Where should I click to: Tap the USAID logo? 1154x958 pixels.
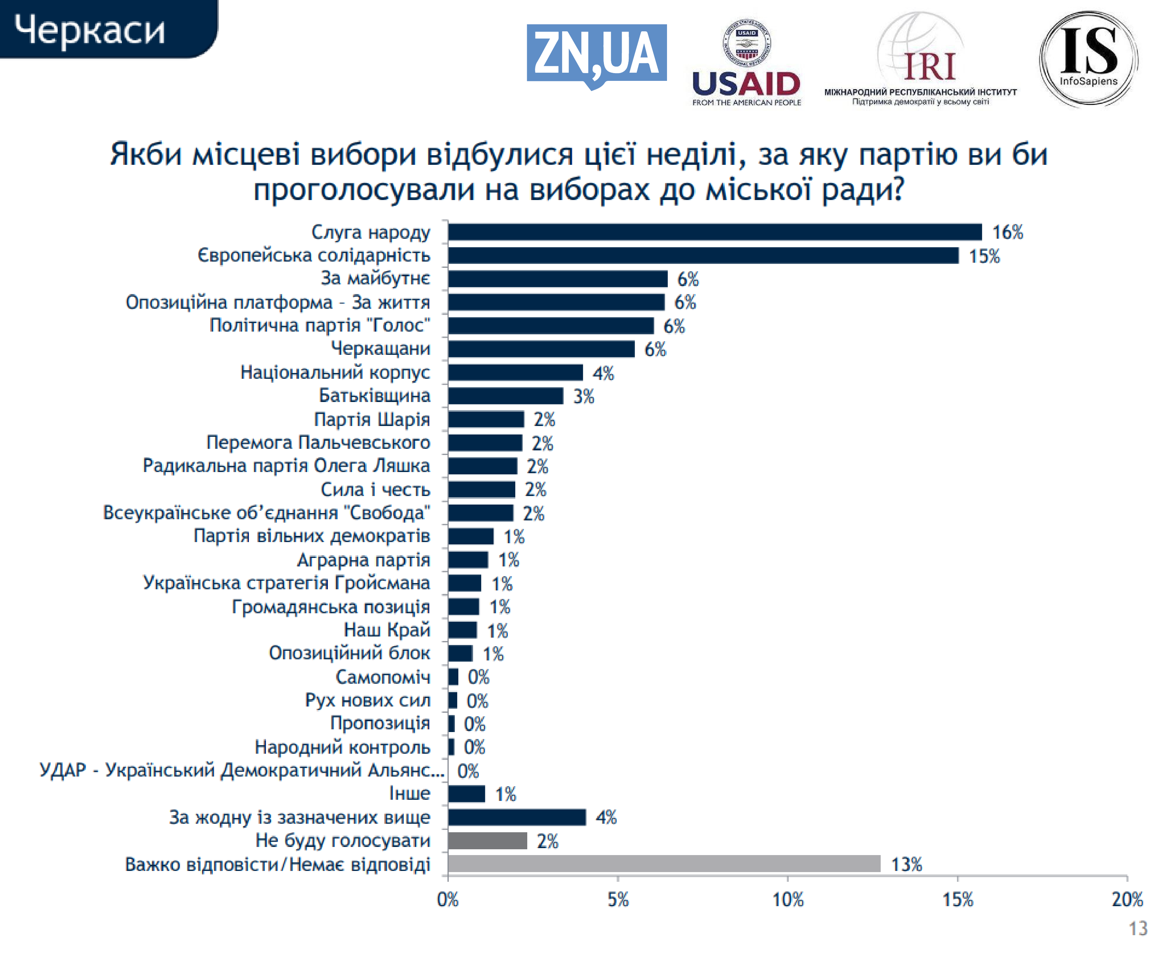[746, 63]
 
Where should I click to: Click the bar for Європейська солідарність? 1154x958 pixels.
[703, 255]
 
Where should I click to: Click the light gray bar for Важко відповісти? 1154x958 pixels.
[664, 864]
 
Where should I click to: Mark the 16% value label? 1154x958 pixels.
[1007, 233]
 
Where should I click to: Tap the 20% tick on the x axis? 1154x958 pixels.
[1127, 900]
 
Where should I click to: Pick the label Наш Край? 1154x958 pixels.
[387, 630]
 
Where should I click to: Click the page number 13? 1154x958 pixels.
[1137, 928]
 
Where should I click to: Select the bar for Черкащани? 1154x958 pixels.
[541, 349]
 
